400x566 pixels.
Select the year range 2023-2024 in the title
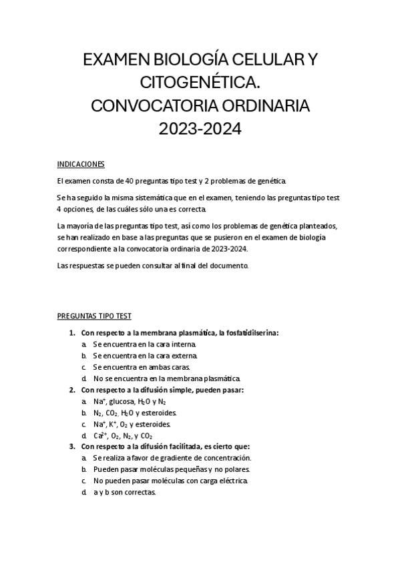point(199,127)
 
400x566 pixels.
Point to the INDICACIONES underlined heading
point(81,164)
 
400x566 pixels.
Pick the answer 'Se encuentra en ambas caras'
point(142,366)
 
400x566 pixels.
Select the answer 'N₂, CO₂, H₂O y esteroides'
point(139,413)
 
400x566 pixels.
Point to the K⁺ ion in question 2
point(116,424)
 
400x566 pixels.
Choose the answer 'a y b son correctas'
point(124,493)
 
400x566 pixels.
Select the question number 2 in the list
point(72,390)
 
